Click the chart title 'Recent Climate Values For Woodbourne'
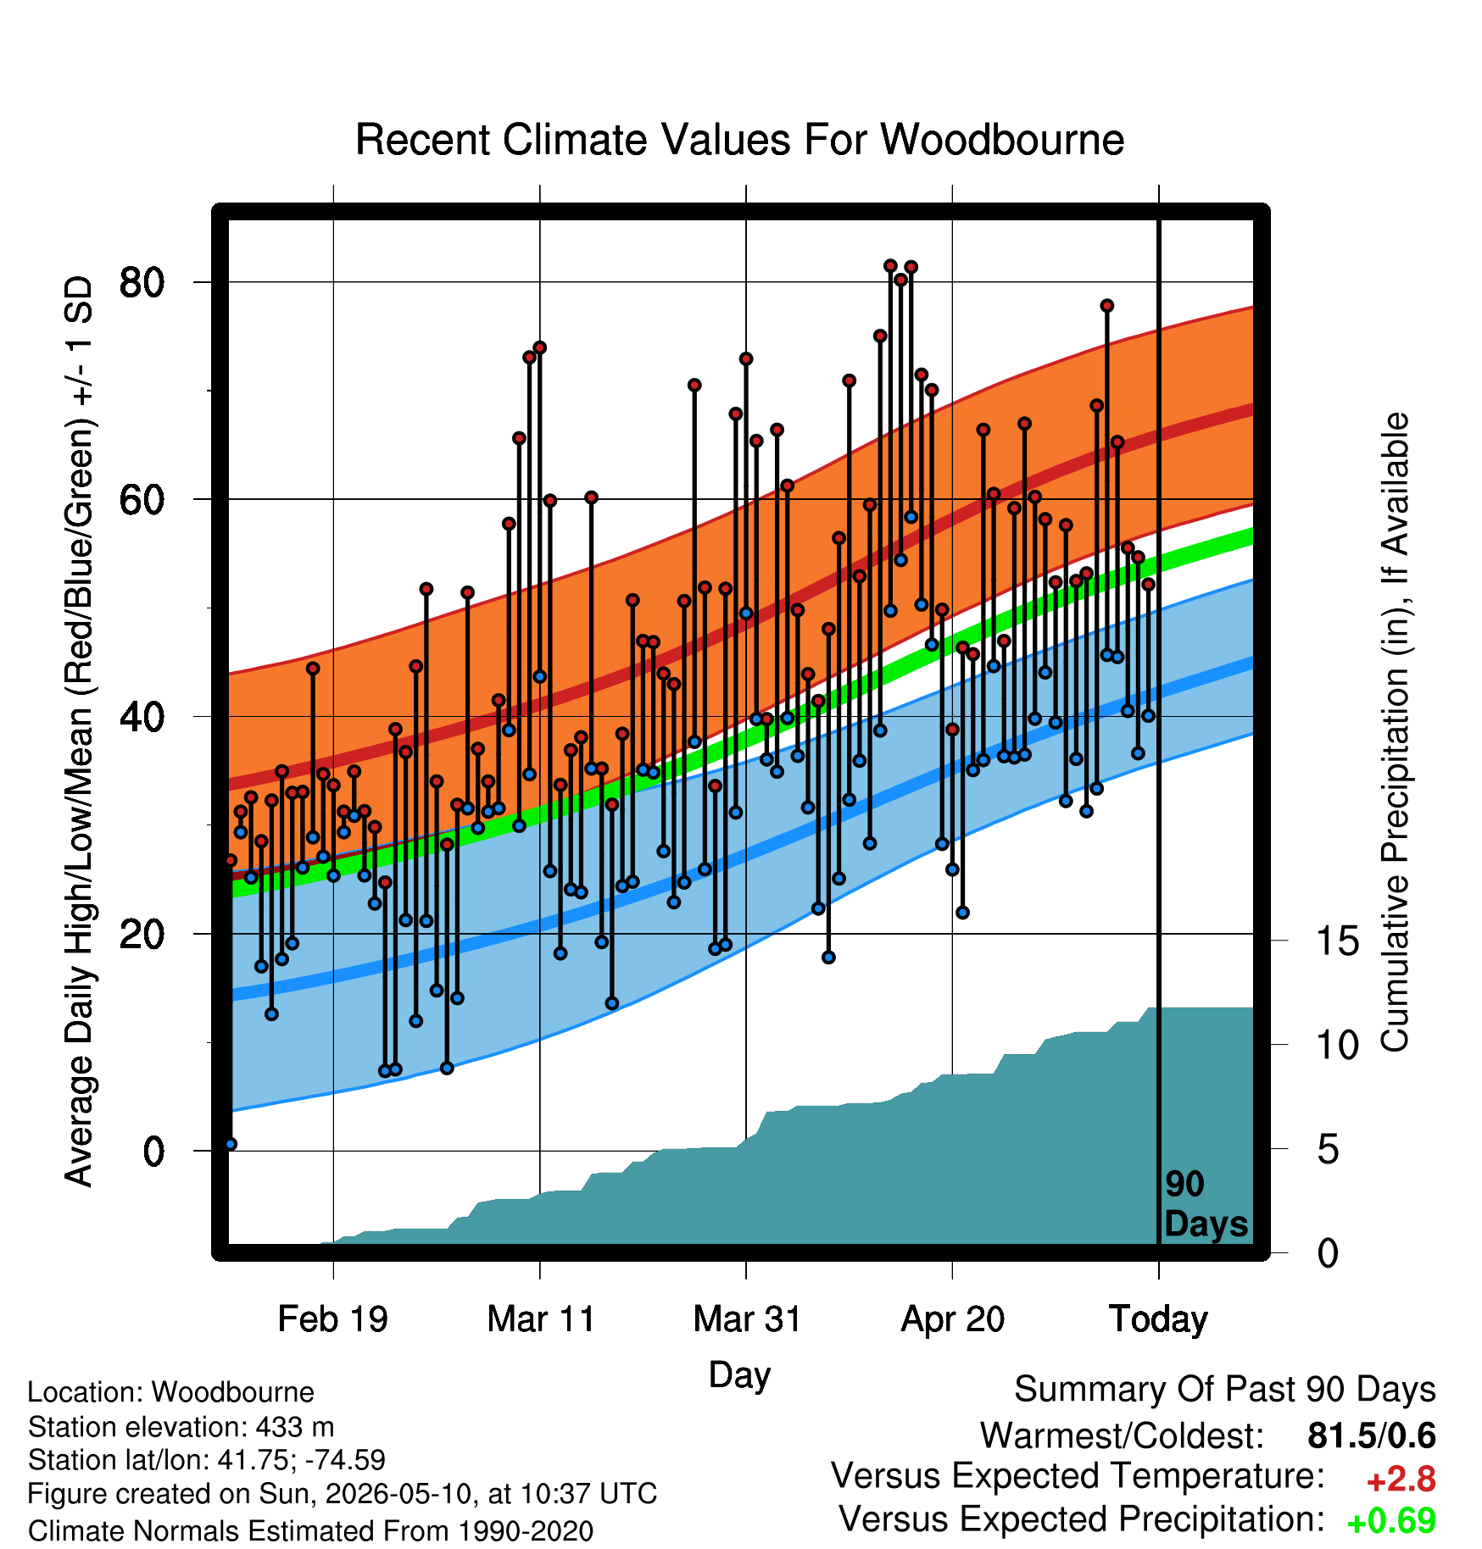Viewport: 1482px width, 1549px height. tap(739, 140)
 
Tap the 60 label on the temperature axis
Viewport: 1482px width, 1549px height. tap(142, 499)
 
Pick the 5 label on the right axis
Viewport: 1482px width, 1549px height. tap(1328, 1150)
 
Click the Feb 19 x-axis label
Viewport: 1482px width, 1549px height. tap(333, 1319)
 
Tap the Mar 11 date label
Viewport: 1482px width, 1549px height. tap(541, 1319)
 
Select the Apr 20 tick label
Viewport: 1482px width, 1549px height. tap(953, 1319)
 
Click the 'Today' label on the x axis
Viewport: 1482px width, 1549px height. tap(1159, 1319)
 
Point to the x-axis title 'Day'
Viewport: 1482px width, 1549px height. tap(739, 1374)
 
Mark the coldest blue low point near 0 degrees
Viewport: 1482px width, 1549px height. tap(231, 1144)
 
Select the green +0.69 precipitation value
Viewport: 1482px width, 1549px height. tap(1391, 1521)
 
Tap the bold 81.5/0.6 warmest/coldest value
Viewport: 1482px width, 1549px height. tap(1372, 1435)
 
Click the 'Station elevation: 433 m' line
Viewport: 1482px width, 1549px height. tap(181, 1427)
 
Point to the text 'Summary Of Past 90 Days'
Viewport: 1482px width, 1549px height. tap(1225, 1390)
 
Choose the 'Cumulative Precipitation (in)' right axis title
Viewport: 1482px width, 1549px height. tap(1395, 732)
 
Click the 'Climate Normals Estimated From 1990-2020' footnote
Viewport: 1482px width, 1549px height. tap(310, 1531)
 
